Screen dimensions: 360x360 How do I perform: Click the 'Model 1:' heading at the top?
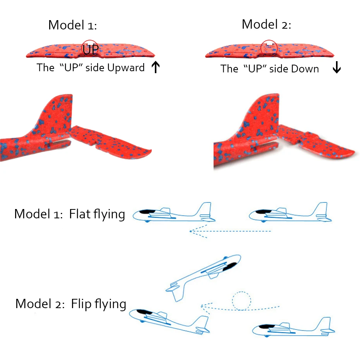[72, 25]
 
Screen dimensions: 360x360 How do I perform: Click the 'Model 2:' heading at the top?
[266, 24]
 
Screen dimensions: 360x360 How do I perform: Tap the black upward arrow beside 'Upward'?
[156, 67]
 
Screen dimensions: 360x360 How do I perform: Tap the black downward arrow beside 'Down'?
[337, 67]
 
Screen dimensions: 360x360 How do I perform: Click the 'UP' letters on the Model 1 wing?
[91, 50]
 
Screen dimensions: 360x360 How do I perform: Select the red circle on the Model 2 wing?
[269, 48]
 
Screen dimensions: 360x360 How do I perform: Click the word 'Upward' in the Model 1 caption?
[126, 68]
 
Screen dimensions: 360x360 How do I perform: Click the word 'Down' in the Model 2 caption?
[305, 69]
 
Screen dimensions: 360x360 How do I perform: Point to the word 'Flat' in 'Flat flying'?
[80, 214]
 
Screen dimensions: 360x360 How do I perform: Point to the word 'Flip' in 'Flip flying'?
[82, 304]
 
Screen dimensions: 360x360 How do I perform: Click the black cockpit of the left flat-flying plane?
[147, 212]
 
